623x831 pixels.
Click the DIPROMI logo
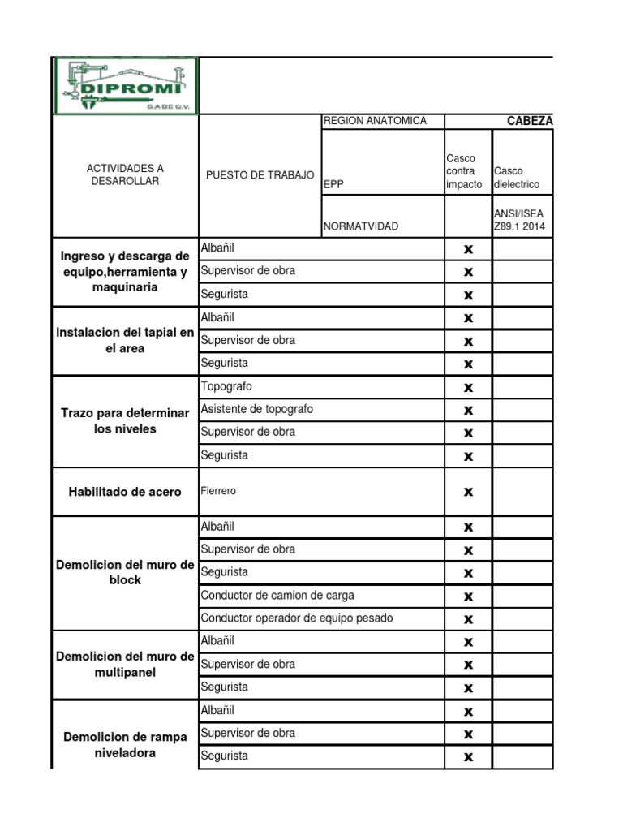(125, 85)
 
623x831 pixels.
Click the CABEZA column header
(529, 121)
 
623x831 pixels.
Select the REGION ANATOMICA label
(375, 121)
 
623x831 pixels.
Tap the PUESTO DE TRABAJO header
(260, 175)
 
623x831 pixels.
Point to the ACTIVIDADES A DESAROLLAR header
(125, 174)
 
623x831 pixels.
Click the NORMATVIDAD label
(361, 226)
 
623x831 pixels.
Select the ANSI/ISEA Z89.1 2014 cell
(522, 220)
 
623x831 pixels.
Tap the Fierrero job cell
(219, 491)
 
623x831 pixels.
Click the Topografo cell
(226, 386)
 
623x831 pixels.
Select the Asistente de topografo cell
(256, 409)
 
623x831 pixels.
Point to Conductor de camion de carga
(277, 595)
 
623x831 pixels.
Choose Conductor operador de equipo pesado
(297, 618)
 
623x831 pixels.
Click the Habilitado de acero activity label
(125, 492)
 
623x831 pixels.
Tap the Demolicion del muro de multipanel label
(125, 664)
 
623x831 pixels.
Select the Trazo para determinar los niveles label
(125, 420)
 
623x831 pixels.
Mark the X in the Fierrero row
(468, 492)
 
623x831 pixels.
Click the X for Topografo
(468, 388)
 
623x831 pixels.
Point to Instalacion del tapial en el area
(125, 340)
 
